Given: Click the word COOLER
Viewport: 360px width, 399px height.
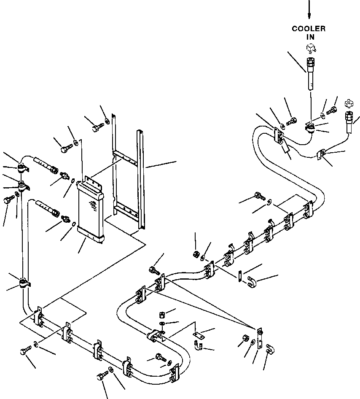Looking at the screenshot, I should point(309,29).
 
